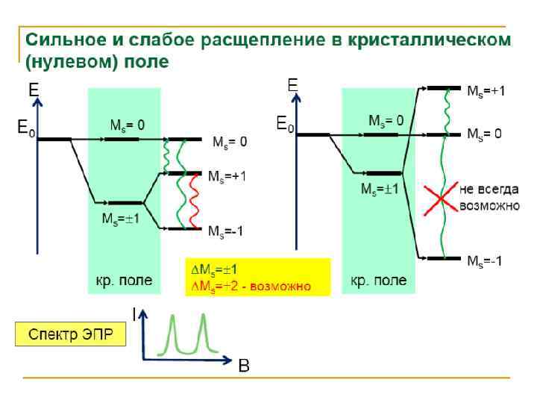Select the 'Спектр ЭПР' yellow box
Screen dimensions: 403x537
pos(71,334)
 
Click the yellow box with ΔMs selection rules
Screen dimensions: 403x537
pos(257,277)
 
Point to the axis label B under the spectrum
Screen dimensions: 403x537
pos(243,366)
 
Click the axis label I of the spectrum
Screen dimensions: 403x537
pos(134,316)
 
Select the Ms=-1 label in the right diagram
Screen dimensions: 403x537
pos(484,260)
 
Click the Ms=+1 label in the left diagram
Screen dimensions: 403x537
pos(227,177)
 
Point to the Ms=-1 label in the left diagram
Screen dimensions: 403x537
pos(226,232)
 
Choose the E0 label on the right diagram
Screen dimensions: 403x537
pos(286,124)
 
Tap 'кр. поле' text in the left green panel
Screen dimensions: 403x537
pos(124,281)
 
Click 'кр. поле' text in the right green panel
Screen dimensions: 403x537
pos(379,281)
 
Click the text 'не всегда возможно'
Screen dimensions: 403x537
pos(489,196)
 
